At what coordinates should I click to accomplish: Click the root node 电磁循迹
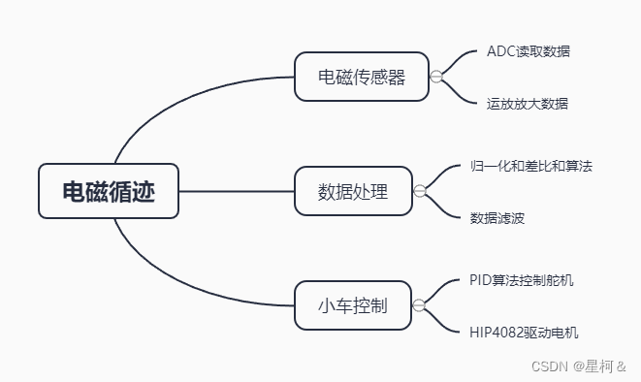point(109,191)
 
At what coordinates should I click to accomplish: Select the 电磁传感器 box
point(362,76)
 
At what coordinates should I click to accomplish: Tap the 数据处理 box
point(353,191)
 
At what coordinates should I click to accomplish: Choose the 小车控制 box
point(353,306)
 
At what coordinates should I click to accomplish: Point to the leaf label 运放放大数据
point(527,103)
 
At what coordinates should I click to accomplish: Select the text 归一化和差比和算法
point(530,166)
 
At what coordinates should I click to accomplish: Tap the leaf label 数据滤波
point(497,217)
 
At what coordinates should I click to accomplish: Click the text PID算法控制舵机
point(528,280)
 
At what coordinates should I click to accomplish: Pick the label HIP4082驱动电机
point(524,333)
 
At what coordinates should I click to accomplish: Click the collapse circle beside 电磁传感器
point(436,76)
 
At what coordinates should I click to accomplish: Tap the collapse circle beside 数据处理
point(419,191)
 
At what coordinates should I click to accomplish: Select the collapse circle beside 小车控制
point(419,306)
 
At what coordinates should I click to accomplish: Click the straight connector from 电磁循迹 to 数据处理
point(237,191)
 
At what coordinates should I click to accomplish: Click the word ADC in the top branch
point(500,51)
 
